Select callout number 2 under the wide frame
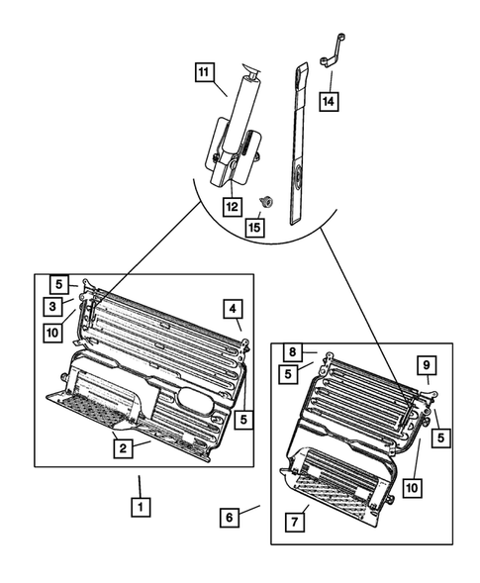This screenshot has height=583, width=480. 123,449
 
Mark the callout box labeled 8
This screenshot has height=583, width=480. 293,351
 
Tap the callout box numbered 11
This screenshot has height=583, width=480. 202,72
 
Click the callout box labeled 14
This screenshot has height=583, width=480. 329,101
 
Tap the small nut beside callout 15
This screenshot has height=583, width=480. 264,200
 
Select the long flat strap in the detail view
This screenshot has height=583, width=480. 300,148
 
